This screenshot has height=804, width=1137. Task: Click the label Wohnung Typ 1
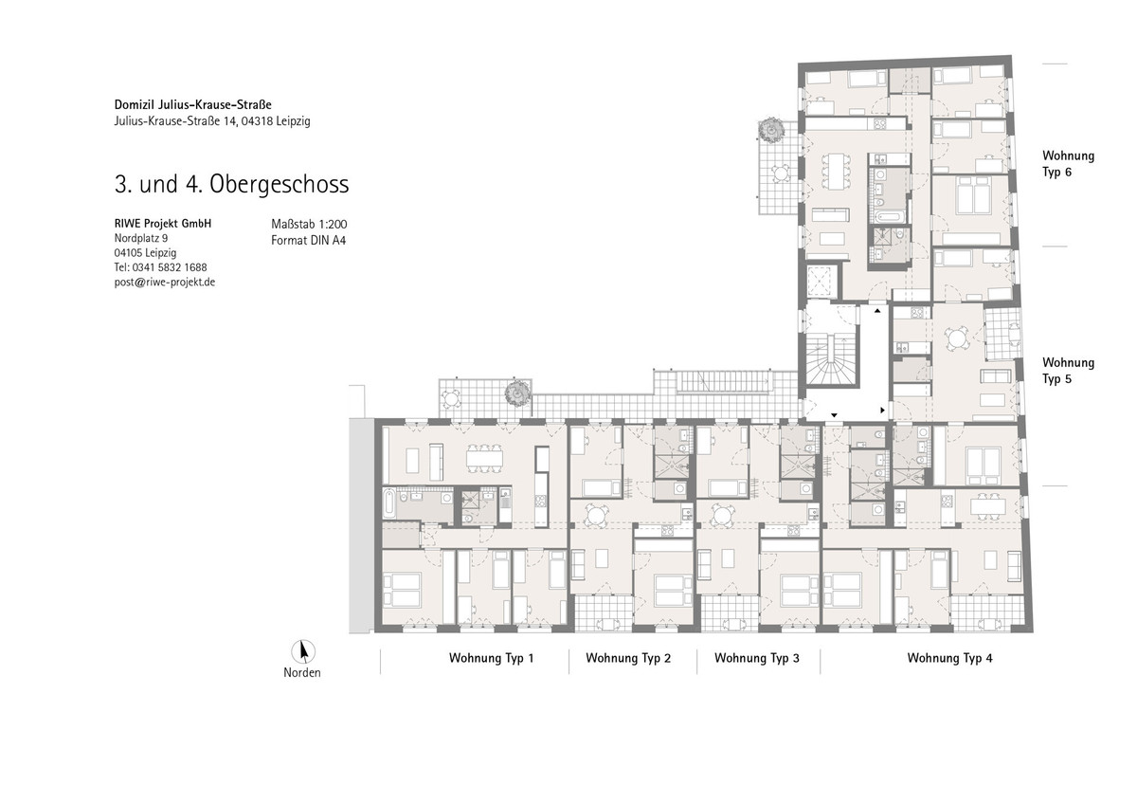(x=492, y=658)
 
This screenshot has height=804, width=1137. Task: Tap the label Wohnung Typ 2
(x=628, y=658)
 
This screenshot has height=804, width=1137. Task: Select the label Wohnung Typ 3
(x=757, y=658)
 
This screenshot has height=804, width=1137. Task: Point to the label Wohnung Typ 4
(x=949, y=658)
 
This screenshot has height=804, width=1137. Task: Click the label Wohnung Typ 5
(x=1068, y=371)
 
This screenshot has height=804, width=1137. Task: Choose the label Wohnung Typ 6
(x=1068, y=163)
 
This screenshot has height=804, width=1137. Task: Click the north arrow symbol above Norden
(x=303, y=651)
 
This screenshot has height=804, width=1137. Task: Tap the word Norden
(x=302, y=673)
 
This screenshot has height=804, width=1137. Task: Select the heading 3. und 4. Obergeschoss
(x=232, y=184)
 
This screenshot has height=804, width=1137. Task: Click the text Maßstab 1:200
(x=309, y=224)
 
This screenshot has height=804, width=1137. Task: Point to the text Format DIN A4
(x=309, y=240)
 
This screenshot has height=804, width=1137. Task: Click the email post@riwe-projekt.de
(x=165, y=283)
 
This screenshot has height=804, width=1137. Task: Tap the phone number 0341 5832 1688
(x=170, y=267)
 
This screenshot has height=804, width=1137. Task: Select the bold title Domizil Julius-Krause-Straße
(x=193, y=104)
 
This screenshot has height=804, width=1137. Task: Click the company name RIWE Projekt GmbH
(x=163, y=224)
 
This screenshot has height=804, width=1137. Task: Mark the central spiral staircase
(x=830, y=359)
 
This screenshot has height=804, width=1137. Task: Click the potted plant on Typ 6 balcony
(x=770, y=130)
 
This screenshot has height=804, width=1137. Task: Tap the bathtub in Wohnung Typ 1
(x=388, y=503)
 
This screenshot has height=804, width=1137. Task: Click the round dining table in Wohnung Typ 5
(x=956, y=338)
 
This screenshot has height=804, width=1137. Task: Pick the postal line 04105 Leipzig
(x=145, y=253)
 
